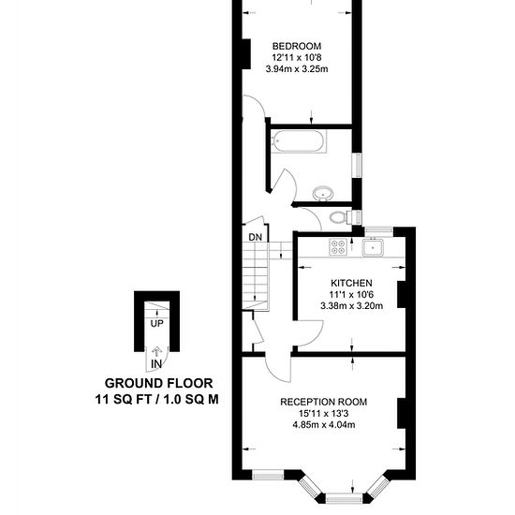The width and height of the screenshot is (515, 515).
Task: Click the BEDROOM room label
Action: [x=297, y=46]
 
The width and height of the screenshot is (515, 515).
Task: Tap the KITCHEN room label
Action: [x=351, y=283]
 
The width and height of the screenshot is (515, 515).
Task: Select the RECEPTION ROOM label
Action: [x=324, y=402]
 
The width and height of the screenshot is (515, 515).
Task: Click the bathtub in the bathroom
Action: [x=300, y=141]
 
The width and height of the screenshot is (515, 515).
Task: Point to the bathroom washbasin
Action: [x=323, y=193]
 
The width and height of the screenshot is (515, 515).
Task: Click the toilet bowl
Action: [x=338, y=217]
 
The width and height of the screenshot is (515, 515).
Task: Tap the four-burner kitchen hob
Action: [x=338, y=247]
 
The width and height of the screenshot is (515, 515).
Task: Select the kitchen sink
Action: [x=373, y=247]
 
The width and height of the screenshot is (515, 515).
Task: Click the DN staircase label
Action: [x=256, y=237]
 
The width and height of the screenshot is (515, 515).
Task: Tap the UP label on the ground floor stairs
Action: [x=156, y=324]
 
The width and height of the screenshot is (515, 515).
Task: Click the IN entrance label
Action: [x=156, y=364]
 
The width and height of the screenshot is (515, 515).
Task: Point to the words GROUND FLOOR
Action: [x=158, y=383]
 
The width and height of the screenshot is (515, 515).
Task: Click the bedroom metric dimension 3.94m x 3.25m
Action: [x=297, y=69]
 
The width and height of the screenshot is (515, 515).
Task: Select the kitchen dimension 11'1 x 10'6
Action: [x=351, y=294]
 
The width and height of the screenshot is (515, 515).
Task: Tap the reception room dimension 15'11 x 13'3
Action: [x=324, y=413]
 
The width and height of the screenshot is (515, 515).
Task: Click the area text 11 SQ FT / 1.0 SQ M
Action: [x=157, y=400]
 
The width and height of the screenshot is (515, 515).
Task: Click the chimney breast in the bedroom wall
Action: [x=246, y=54]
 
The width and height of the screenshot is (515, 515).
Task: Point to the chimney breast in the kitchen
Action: [x=402, y=294]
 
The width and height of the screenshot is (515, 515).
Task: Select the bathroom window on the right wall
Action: [x=357, y=166]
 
